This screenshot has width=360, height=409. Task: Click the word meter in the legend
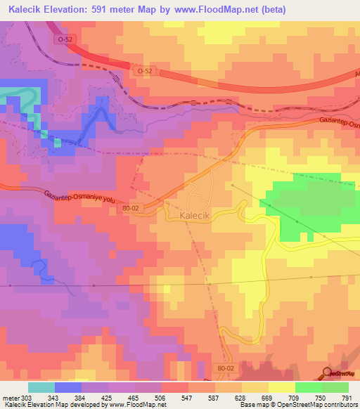point(10,398)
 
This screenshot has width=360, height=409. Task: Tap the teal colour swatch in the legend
point(41,387)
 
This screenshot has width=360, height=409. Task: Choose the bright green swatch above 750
point(309,387)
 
